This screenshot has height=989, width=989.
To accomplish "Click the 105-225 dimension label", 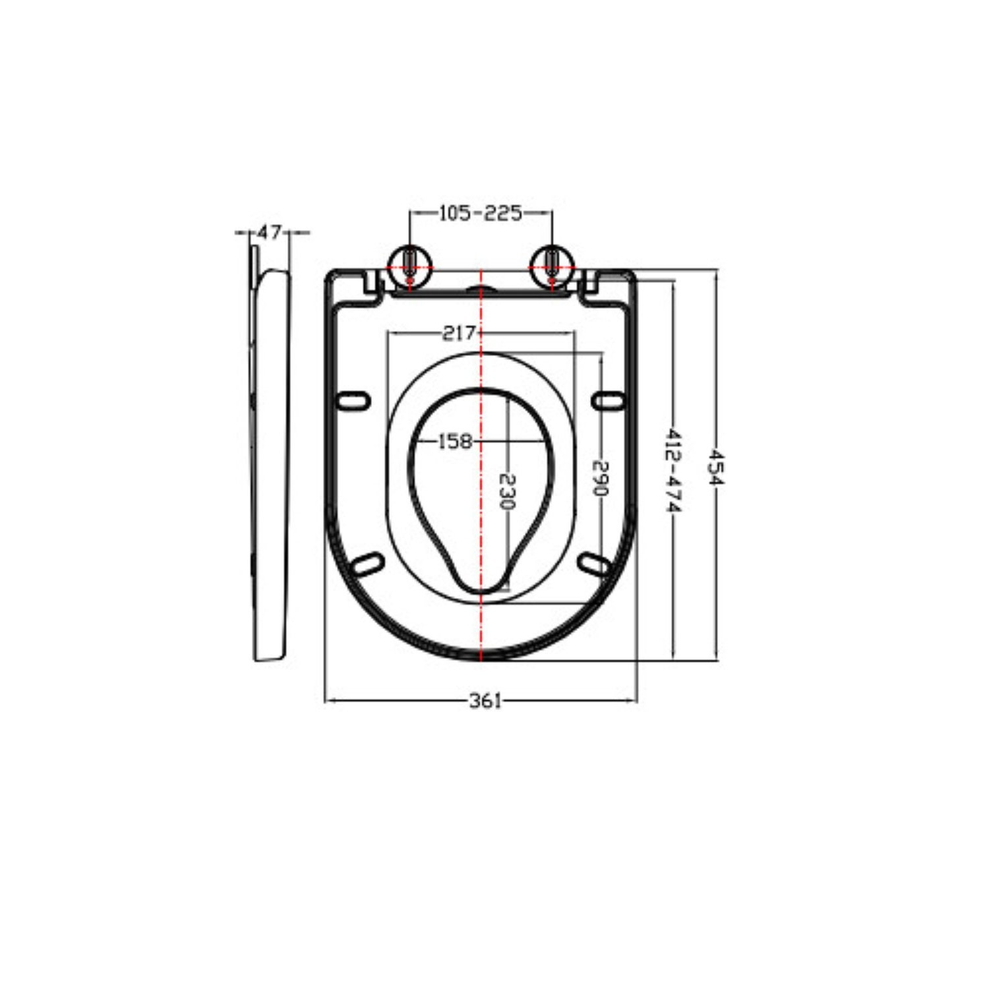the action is point(480,213).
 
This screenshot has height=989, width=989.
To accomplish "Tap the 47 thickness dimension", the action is point(269,232).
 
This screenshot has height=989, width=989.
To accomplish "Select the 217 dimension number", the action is point(459,334).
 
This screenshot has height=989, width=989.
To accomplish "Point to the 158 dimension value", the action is point(456,441).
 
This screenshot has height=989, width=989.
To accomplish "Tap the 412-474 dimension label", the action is point(673,470).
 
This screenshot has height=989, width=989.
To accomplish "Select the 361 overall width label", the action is point(485,700).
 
